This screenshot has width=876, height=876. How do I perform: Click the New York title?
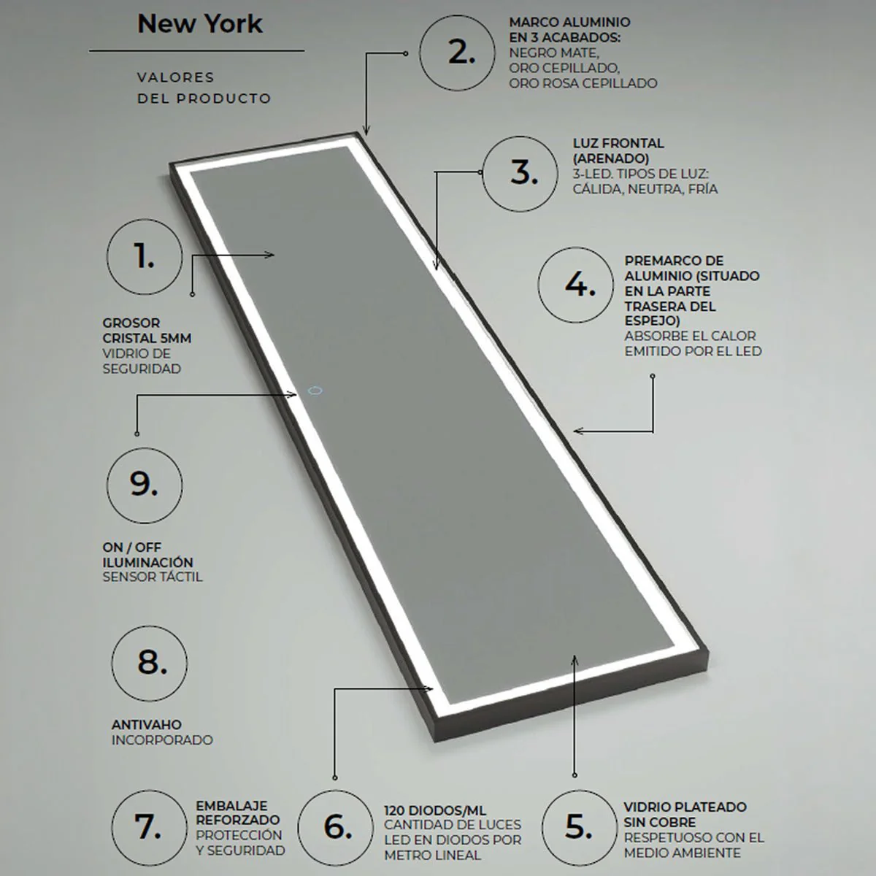[199, 24]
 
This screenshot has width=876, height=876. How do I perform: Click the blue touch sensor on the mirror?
[315, 391]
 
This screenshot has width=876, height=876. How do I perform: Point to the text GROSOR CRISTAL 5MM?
[147, 331]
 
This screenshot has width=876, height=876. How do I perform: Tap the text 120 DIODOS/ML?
[435, 810]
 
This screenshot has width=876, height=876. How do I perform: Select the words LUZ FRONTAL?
[618, 143]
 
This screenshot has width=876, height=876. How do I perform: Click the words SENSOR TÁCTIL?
[153, 577]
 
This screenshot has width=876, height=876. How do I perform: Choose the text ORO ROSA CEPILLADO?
[583, 83]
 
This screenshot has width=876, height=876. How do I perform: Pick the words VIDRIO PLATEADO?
[685, 807]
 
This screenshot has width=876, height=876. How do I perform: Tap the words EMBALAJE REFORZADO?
[238, 812]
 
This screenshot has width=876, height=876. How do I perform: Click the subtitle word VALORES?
[175, 77]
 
